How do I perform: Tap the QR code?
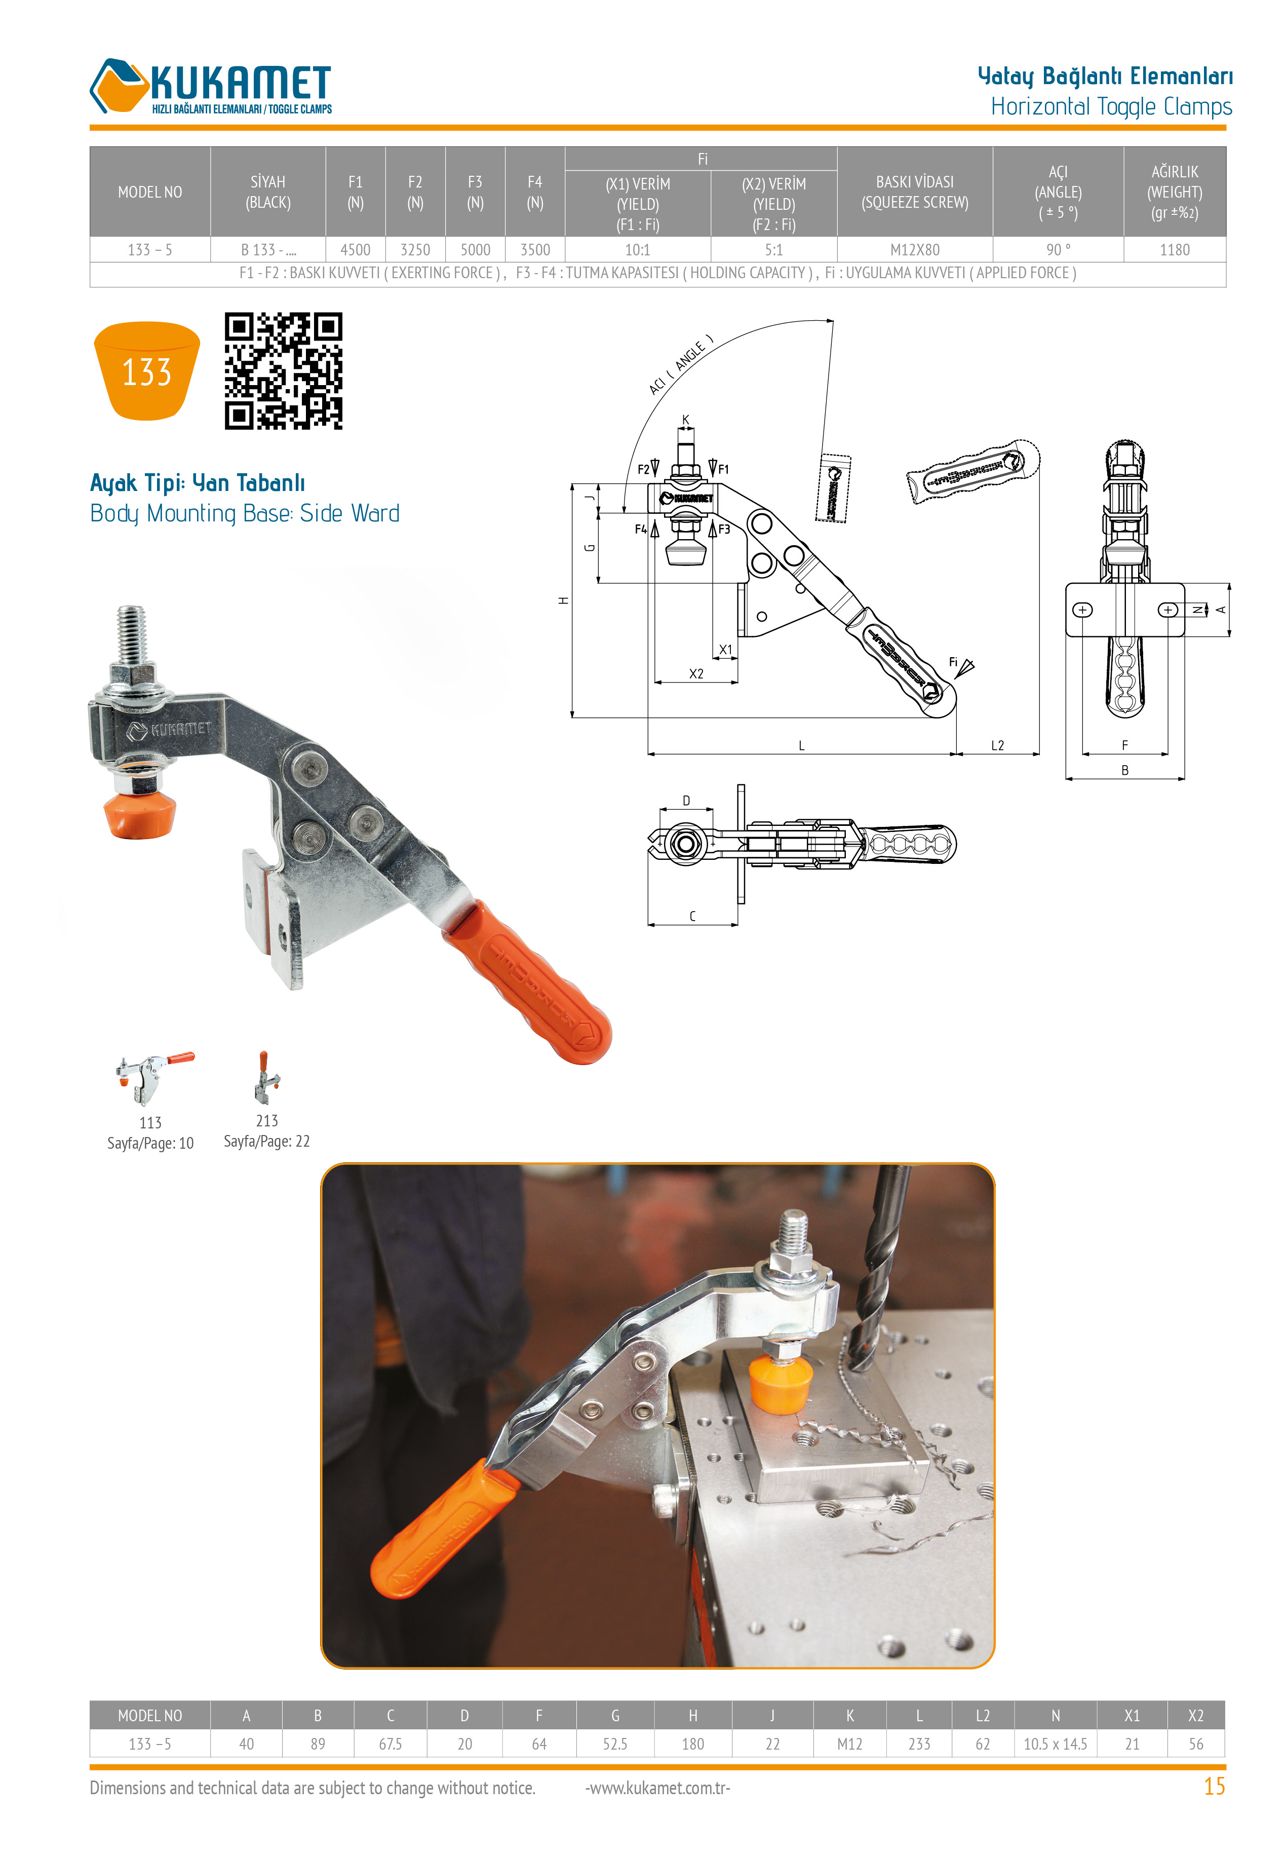pos(284,371)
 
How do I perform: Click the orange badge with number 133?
pos(147,371)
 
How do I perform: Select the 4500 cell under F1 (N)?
pos(356,250)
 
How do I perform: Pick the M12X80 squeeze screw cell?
pos(915,250)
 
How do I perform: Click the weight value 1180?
pos(1174,250)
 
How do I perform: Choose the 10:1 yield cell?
pos(637,250)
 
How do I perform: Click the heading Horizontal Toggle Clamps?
pos(1111,106)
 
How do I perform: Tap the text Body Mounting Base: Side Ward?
pos(245,513)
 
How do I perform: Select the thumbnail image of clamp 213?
pos(267,1077)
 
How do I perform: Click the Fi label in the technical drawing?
pos(953,662)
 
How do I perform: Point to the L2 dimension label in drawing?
pos(997,745)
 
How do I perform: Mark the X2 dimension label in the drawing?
pos(696,674)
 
